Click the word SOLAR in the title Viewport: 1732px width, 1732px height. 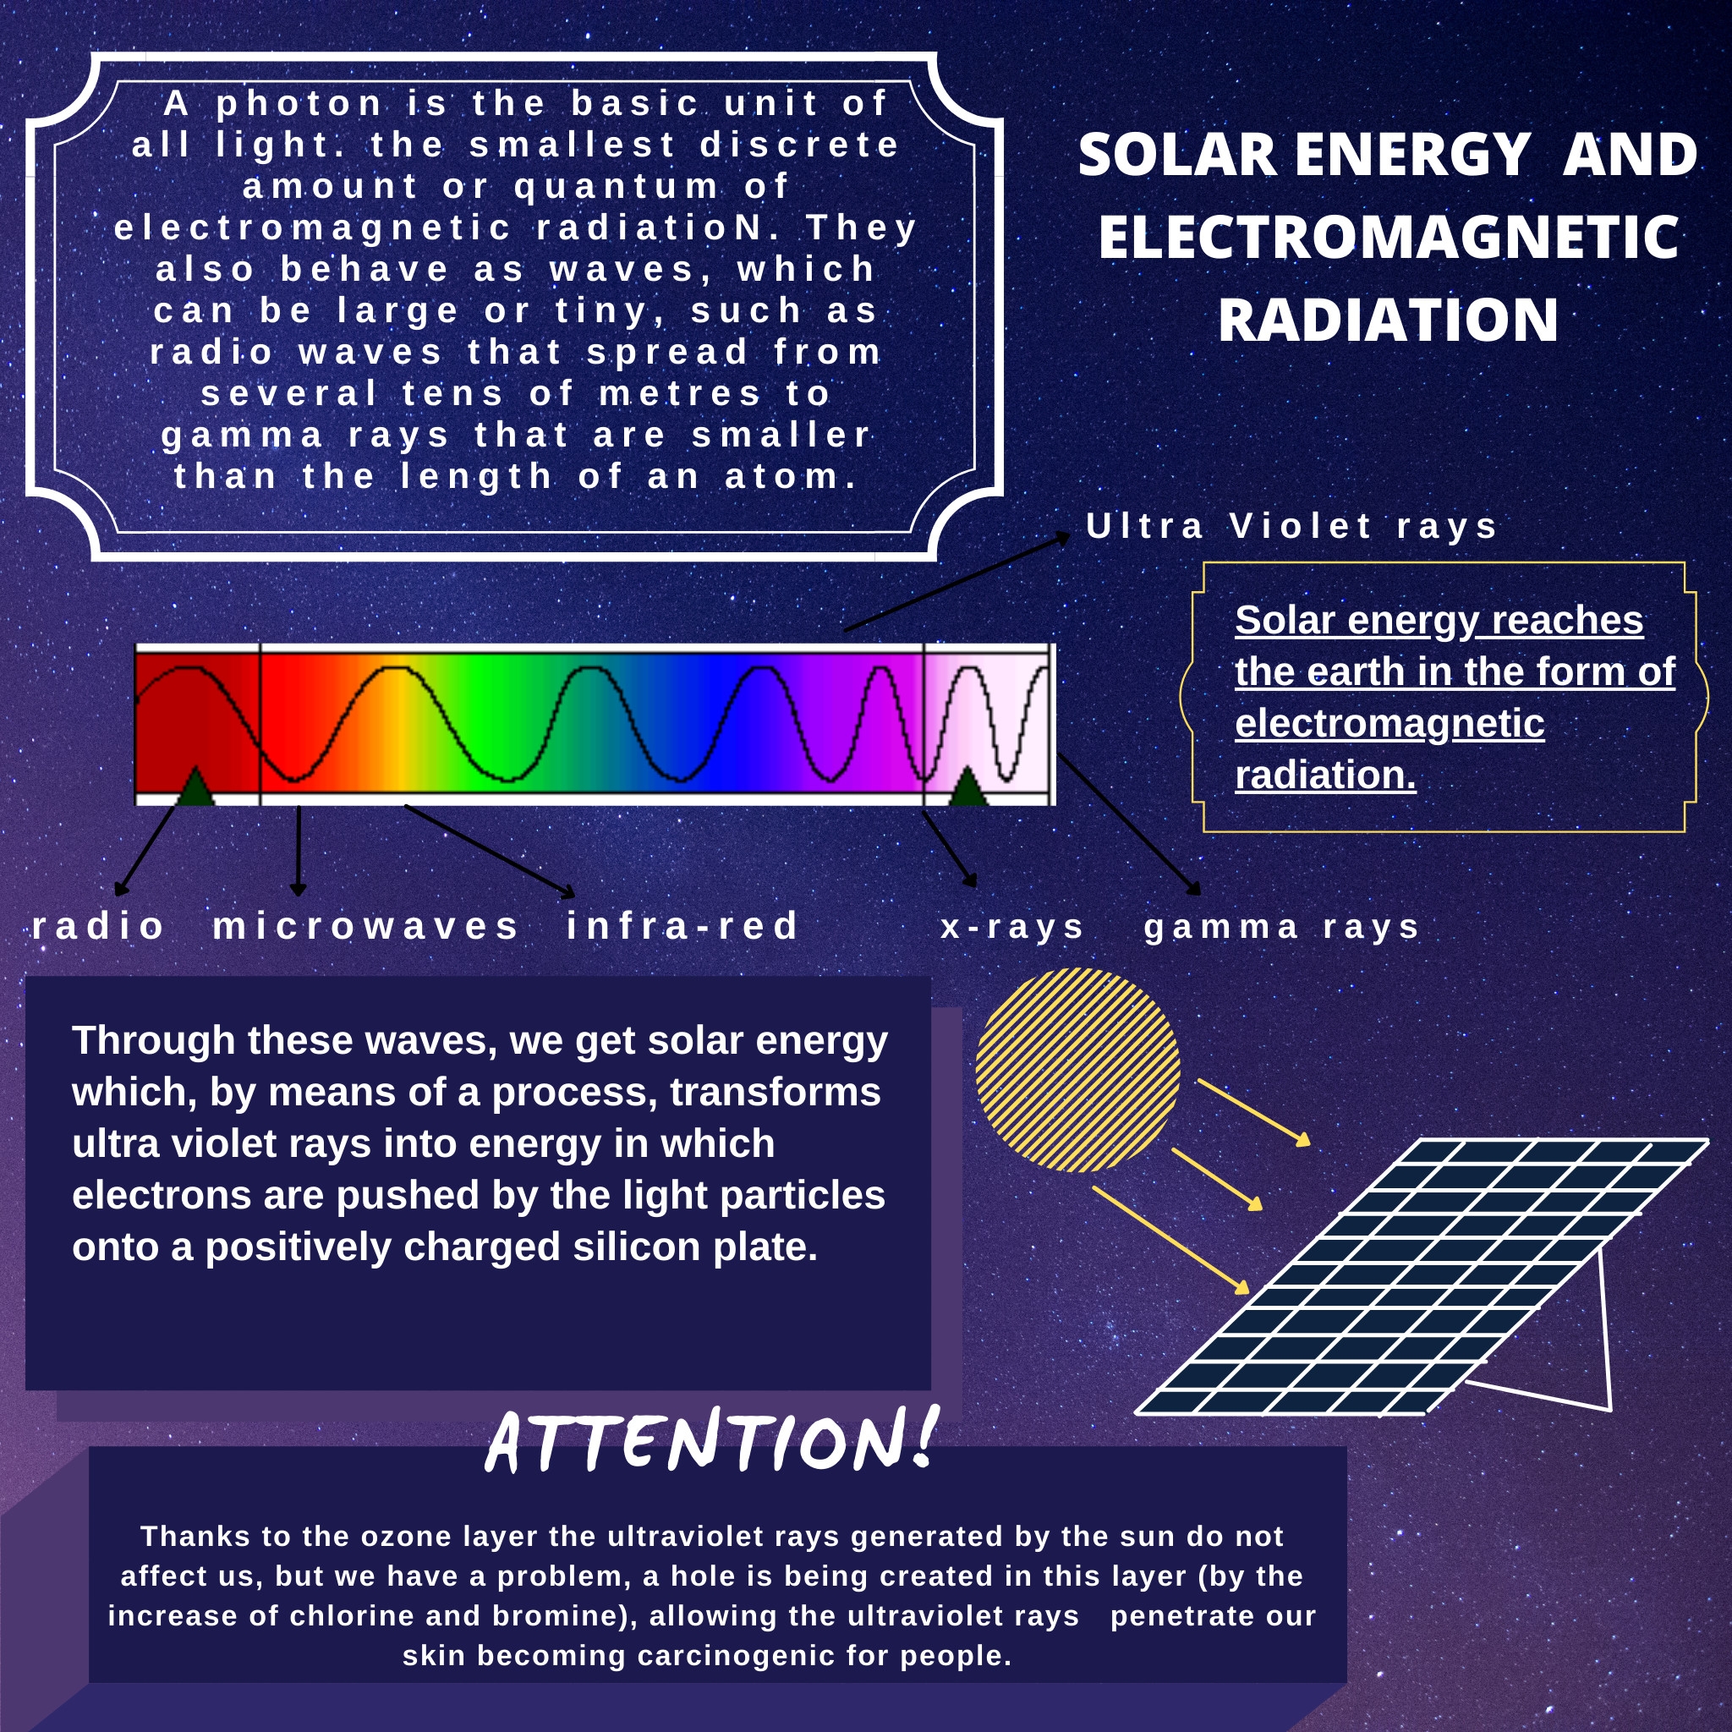1177,155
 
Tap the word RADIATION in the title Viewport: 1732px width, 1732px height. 1388,320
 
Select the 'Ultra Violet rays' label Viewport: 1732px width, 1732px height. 1291,526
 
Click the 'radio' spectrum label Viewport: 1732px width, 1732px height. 99,926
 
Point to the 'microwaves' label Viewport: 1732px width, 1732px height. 365,926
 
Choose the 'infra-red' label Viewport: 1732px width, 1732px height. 682,926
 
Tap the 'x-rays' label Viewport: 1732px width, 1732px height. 1013,927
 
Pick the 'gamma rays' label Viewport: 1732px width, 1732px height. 1282,927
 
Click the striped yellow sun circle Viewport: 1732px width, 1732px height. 1077,1070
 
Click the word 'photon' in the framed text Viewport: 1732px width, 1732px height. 300,104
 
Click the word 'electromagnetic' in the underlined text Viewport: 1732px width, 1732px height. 1389,723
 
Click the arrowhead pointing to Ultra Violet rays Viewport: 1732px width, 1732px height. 1063,536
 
